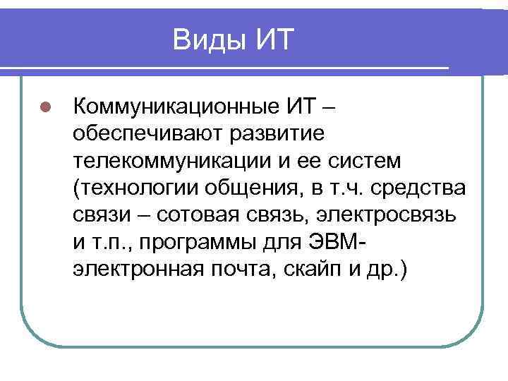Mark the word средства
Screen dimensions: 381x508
[x=422, y=187]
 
